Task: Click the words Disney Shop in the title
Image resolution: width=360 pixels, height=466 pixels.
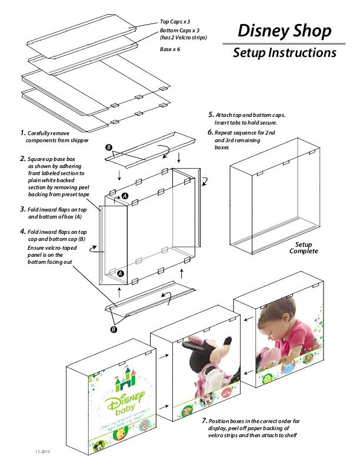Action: pyautogui.click(x=284, y=31)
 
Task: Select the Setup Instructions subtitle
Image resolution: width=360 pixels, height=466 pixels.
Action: pyautogui.click(x=284, y=53)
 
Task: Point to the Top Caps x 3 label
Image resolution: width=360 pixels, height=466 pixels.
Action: pyautogui.click(x=175, y=21)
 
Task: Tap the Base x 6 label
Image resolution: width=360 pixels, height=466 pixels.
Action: pyautogui.click(x=170, y=49)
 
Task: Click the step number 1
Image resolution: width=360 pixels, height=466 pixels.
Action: pyautogui.click(x=22, y=133)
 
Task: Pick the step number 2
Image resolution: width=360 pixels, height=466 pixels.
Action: pyautogui.click(x=22, y=159)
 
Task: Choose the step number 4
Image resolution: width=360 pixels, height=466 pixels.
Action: pyautogui.click(x=22, y=232)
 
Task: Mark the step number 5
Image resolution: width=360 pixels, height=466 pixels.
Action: pyautogui.click(x=211, y=114)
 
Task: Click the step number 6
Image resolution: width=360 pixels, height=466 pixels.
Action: pyautogui.click(x=211, y=132)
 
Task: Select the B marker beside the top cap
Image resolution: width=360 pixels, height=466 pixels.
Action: pyautogui.click(x=108, y=146)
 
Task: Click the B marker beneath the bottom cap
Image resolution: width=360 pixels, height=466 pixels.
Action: pyautogui.click(x=114, y=329)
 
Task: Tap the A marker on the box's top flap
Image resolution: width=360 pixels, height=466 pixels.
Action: pyautogui.click(x=125, y=195)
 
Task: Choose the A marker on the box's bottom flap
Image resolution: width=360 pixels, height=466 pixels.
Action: pyautogui.click(x=120, y=273)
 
